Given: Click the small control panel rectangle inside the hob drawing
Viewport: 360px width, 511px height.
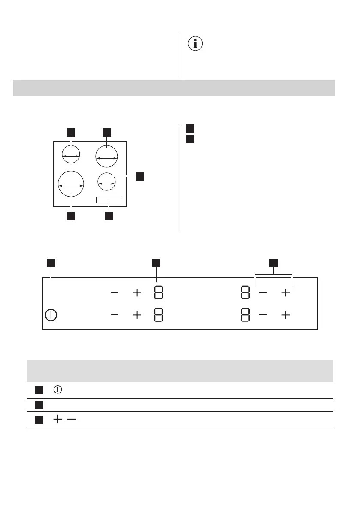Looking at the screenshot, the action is coord(109,200).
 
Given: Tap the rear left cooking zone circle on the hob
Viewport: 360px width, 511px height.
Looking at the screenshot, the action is coord(71,154).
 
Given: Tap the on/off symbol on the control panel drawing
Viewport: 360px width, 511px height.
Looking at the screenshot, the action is coord(51,314).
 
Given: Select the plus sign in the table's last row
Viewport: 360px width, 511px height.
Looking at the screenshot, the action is coord(57,420).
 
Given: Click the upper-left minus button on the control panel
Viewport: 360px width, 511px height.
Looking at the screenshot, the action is coord(115,293).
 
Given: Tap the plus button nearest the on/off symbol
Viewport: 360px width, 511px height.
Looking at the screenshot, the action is coord(137,315).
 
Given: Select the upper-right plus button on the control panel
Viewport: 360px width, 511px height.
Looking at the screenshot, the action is coord(285,293).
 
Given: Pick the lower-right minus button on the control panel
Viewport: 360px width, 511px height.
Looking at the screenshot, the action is coord(263,315).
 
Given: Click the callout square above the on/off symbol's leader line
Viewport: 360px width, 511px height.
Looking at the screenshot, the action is coord(51,262).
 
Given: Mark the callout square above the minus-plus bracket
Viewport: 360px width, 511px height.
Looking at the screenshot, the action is coord(274,262).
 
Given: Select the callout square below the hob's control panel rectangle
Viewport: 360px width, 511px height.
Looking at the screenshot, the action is coord(109,216).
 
